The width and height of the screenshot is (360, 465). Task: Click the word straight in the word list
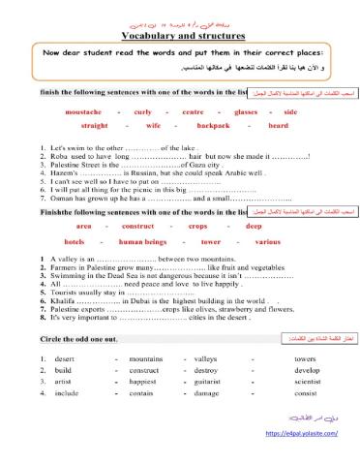click(x=95, y=125)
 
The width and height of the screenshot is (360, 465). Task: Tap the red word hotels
click(x=75, y=239)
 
